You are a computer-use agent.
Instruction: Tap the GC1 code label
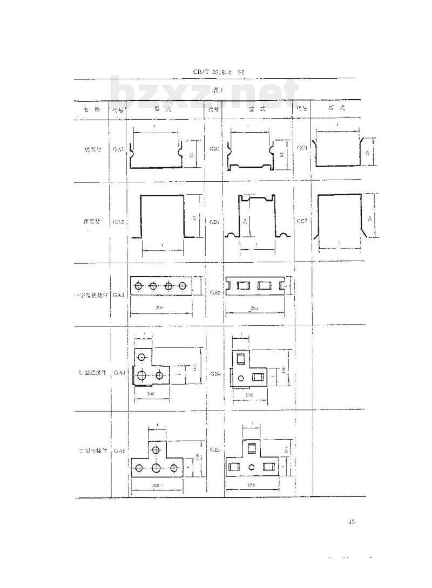tap(302, 146)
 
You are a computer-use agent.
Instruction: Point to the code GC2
tap(302, 221)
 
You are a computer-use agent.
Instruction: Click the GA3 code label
tap(119, 295)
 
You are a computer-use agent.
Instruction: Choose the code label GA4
tap(119, 373)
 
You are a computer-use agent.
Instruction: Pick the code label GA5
tap(119, 450)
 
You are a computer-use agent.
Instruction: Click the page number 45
tap(352, 522)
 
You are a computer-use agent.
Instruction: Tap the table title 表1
tap(217, 90)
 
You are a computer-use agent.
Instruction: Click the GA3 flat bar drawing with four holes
tap(161, 286)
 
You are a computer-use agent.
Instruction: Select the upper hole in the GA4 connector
tap(142, 357)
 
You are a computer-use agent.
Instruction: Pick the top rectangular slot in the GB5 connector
tap(250, 447)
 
